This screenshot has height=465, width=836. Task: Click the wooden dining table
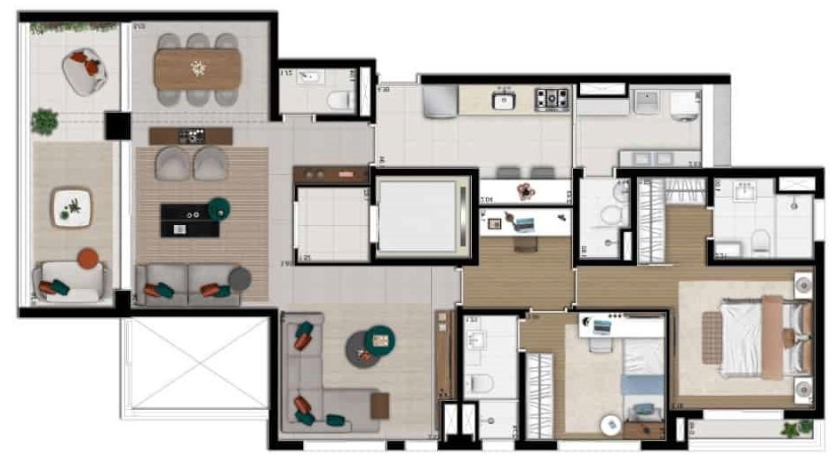[x=197, y=68]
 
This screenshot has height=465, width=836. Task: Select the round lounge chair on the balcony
[x=85, y=70]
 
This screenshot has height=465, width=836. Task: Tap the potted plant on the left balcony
[x=44, y=120]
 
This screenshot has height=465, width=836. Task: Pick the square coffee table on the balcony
[x=71, y=206]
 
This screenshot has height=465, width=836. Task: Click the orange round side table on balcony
[x=87, y=259]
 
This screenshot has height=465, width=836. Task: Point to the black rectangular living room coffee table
[x=189, y=220]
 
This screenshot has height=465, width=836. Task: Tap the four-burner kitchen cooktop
[x=551, y=99]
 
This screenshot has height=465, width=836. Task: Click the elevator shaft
[x=418, y=216]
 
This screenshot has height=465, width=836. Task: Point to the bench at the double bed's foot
[x=713, y=338]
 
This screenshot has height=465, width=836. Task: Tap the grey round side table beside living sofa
[x=240, y=278]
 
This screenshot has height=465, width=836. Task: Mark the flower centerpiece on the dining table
[x=198, y=68]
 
